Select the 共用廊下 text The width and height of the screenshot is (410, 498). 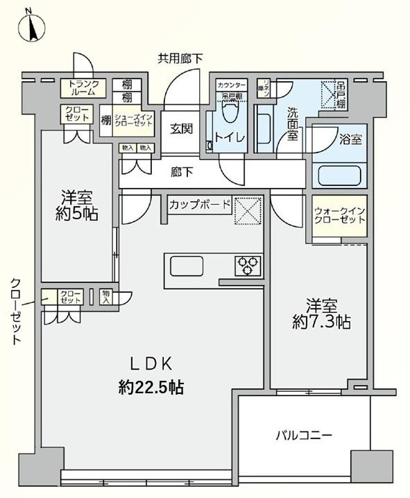click(180, 59)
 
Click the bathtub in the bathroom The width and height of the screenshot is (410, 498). click(340, 175)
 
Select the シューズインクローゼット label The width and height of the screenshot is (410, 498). click(135, 121)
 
